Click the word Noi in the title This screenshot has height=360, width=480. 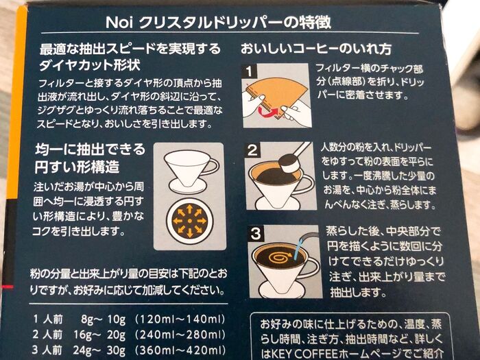click(x=119, y=22)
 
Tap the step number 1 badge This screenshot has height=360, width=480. click(x=249, y=71)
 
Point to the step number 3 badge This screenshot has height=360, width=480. click(x=255, y=235)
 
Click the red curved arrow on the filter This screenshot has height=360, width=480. click(x=269, y=111)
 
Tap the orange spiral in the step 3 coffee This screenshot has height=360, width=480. click(x=280, y=256)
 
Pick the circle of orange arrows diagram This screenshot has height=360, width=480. click(x=189, y=221)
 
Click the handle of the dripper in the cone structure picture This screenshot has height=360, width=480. click(x=212, y=167)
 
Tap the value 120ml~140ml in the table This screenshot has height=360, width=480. click(x=180, y=320)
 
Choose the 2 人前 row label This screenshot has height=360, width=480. click(x=47, y=334)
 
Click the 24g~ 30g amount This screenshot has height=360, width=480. click(x=99, y=350)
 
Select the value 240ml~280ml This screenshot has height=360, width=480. click(x=180, y=335)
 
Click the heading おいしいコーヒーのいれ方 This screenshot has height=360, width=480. click(x=316, y=49)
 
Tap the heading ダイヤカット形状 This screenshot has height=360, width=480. click(x=90, y=65)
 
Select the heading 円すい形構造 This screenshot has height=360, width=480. click(x=77, y=167)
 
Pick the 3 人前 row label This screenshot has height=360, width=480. click(x=47, y=350)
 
